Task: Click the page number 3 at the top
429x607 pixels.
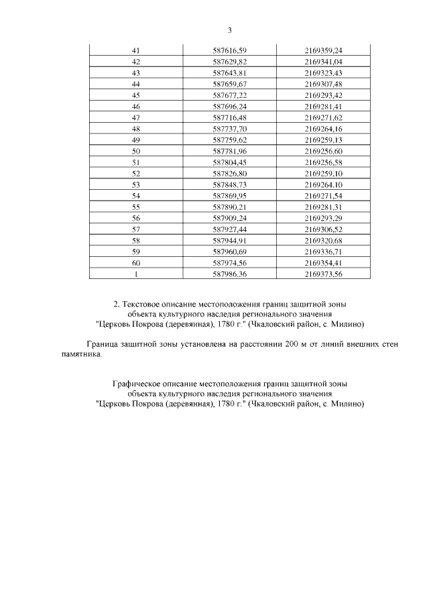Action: [229, 30]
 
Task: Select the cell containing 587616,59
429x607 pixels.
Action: [229, 50]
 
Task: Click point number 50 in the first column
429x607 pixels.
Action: [136, 152]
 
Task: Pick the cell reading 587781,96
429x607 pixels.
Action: [229, 152]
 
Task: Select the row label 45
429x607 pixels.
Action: [136, 95]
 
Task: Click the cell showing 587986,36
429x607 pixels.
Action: [229, 274]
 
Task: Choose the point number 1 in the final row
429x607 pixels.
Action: [136, 274]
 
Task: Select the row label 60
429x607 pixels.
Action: [136, 263]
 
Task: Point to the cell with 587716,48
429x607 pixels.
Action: [229, 118]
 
